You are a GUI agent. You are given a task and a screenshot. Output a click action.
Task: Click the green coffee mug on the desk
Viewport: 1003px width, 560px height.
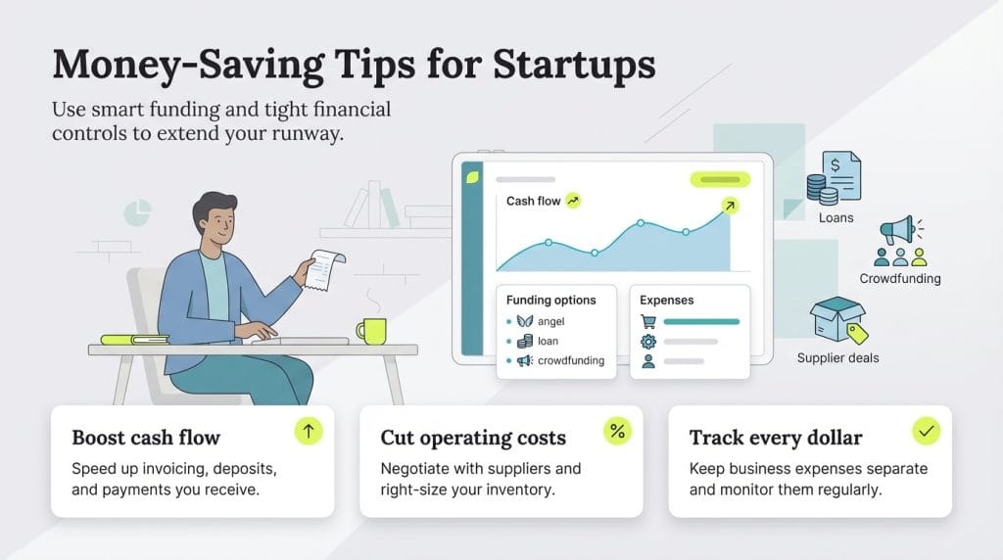pyautogui.click(x=371, y=331)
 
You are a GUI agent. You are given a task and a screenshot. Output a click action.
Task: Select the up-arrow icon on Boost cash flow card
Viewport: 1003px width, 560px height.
pyautogui.click(x=308, y=432)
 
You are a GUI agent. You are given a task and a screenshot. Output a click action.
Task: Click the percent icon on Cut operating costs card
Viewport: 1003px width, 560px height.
pyautogui.click(x=617, y=432)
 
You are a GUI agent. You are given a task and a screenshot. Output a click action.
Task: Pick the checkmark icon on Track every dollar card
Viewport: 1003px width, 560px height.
pyautogui.click(x=926, y=431)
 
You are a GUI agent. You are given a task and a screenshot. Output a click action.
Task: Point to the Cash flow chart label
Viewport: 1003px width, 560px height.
pyautogui.click(x=533, y=201)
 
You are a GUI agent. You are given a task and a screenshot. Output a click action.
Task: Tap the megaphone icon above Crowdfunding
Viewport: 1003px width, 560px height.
pyautogui.click(x=896, y=232)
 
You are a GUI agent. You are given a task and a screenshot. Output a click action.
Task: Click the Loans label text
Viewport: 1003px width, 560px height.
pyautogui.click(x=836, y=217)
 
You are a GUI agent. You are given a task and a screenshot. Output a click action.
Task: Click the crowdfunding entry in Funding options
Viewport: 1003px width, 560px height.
pyautogui.click(x=570, y=360)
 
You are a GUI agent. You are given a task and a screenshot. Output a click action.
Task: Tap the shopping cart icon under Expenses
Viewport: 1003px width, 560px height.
pyautogui.click(x=647, y=321)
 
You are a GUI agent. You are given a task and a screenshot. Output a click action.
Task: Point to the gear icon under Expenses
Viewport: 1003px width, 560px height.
pyautogui.click(x=647, y=341)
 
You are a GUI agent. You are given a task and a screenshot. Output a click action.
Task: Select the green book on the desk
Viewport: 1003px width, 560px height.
pyautogui.click(x=134, y=340)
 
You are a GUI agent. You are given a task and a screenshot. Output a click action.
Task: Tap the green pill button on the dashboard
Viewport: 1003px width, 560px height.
pyautogui.click(x=720, y=179)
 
